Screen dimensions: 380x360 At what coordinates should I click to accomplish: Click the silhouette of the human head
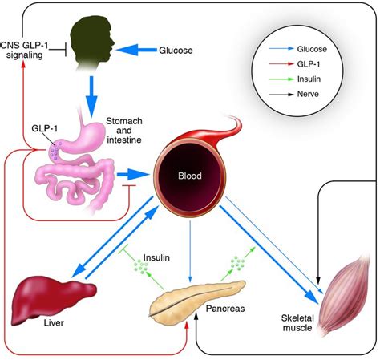coord(91,40)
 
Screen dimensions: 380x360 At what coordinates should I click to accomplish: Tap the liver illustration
coord(54,299)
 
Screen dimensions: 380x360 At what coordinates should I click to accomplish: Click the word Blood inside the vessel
coord(190,176)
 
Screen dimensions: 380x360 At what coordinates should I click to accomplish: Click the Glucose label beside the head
coord(176,51)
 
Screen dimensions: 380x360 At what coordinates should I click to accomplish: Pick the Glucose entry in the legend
coord(312,49)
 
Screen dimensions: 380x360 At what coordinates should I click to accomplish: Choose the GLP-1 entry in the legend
coord(309,64)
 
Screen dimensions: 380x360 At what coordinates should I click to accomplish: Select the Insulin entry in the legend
coord(309,79)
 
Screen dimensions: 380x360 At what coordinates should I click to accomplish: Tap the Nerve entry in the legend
coord(308,94)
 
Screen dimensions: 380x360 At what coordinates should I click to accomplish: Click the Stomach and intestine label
coord(124,131)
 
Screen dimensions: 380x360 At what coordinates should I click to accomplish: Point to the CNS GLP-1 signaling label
coord(25,50)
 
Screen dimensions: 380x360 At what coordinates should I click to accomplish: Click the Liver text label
coord(54,322)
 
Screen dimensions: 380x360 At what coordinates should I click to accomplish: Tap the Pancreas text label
coord(225,309)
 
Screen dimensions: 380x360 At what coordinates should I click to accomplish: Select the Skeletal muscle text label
coord(297,323)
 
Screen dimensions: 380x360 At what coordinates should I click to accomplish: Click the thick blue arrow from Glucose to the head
coord(136,50)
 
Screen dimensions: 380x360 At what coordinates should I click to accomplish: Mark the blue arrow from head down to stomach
coord(91,97)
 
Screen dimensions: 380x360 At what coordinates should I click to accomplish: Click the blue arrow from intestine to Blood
coord(133,175)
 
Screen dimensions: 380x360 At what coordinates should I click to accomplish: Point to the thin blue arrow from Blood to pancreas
coord(190,251)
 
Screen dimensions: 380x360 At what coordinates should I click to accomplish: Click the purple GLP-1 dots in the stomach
coord(55,150)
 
